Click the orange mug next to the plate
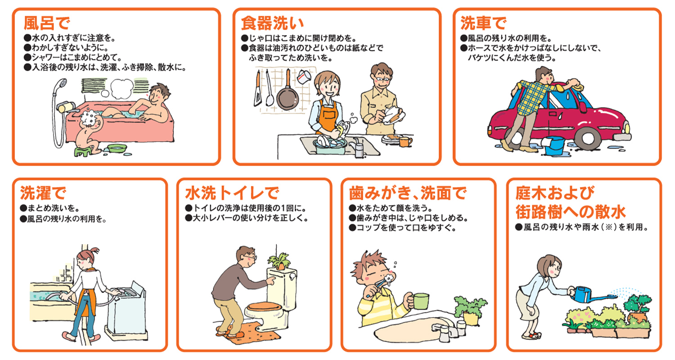click(x=405, y=141)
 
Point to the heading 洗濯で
click(x=43, y=193)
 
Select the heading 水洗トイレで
click(x=232, y=193)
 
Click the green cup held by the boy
click(x=421, y=300)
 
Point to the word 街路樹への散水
click(x=571, y=211)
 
